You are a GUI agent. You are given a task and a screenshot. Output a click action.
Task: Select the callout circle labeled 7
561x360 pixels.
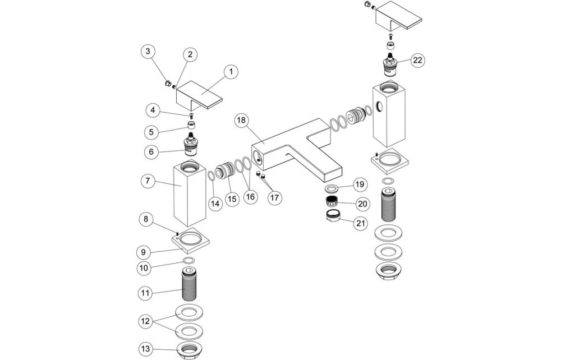coord(147,181)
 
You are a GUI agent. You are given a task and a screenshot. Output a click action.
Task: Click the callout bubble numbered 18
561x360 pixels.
coord(241,121)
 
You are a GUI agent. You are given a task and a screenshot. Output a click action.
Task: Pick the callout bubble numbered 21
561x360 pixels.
coord(360,223)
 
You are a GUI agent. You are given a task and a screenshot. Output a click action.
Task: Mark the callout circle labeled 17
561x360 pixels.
coord(275,197)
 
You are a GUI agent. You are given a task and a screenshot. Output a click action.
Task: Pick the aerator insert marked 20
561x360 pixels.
coord(331,202)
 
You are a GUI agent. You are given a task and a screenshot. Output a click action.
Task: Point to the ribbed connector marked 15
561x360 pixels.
coord(224,171)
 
